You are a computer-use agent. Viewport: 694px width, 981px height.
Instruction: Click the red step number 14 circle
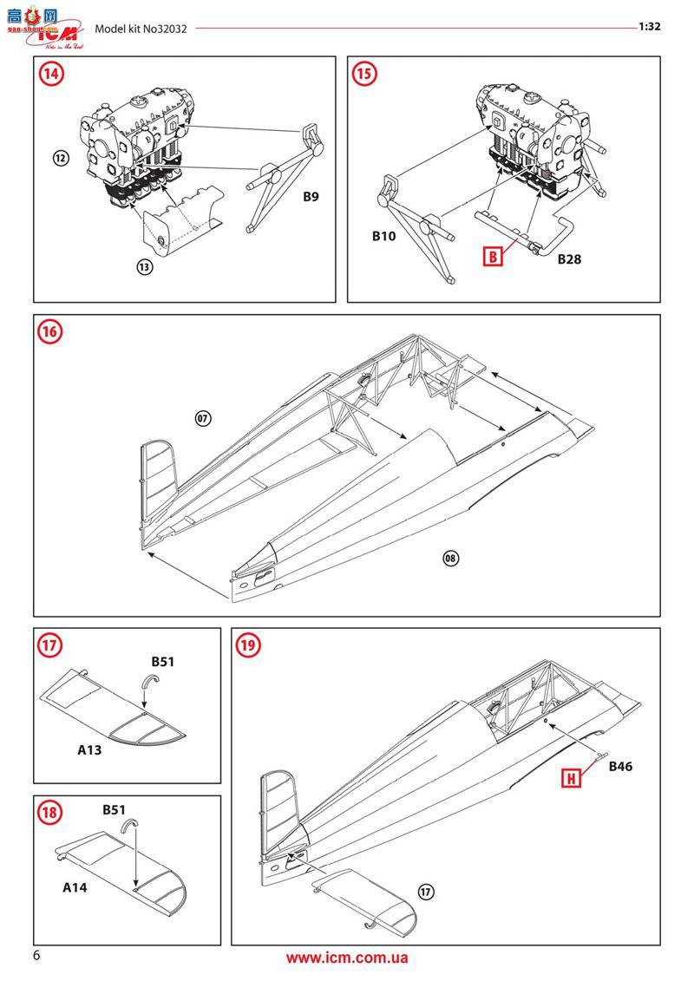(x=51, y=74)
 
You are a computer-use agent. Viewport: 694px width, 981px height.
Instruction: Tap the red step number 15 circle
(x=365, y=74)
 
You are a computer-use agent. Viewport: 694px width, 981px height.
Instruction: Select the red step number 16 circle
(x=51, y=331)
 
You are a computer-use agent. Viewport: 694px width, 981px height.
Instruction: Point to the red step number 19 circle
(x=248, y=644)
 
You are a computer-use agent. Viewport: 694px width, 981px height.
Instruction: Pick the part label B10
(x=383, y=236)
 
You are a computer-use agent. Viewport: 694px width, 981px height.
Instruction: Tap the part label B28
(x=569, y=258)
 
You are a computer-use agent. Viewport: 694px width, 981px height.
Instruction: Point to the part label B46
(x=620, y=766)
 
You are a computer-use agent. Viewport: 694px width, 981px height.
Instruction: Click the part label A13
(x=88, y=749)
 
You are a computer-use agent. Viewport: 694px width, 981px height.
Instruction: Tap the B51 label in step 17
(x=163, y=662)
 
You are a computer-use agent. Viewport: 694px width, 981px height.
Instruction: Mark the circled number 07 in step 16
(x=202, y=418)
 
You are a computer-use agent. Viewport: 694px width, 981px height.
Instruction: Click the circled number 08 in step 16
(x=450, y=558)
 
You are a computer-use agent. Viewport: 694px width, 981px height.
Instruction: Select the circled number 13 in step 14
(x=145, y=266)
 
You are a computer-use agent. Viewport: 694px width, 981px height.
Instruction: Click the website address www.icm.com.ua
(x=346, y=958)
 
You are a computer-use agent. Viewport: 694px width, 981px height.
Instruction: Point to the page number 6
(x=36, y=956)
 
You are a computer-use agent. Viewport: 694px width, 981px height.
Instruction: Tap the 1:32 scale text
(x=650, y=26)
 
